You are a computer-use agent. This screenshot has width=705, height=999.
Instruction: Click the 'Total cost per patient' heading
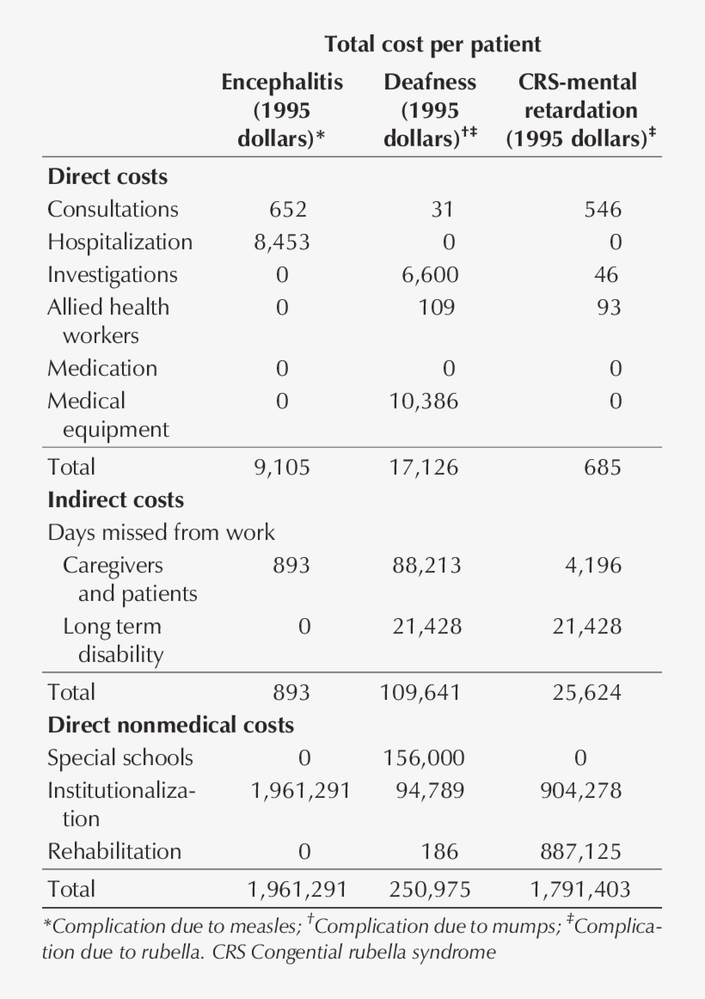coord(432,44)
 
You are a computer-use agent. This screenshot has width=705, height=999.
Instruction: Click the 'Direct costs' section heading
coord(107,176)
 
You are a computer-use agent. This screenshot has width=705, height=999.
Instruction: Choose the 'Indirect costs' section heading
coord(115,499)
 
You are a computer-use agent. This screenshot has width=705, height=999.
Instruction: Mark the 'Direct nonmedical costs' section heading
coord(170,725)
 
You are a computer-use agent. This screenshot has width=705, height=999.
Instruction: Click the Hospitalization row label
coord(120,242)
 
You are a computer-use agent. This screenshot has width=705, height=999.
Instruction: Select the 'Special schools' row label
coord(120,757)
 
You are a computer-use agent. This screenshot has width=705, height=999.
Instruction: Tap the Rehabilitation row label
coord(114,851)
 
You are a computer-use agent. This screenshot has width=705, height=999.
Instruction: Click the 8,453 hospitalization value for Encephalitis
coord(281,242)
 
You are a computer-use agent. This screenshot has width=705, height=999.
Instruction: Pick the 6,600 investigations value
coord(430,274)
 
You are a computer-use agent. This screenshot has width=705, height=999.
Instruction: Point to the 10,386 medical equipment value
coord(422,401)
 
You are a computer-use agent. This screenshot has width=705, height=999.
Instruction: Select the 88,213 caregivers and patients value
coord(426,565)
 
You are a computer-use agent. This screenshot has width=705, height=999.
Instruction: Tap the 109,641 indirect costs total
coord(421,692)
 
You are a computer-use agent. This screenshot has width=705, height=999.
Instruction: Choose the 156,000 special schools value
coord(423,757)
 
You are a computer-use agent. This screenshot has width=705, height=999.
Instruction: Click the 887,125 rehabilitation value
coord(580,851)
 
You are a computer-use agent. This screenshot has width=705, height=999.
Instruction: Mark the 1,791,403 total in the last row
coord(579,889)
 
